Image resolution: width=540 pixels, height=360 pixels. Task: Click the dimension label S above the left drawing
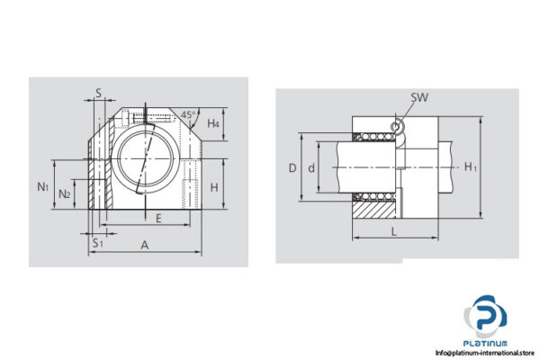(98, 93)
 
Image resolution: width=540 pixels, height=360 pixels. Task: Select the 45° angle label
(187, 114)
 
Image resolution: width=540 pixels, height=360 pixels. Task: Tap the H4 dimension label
(213, 123)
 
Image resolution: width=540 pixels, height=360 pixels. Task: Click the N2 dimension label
(65, 193)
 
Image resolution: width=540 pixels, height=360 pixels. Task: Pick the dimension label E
(158, 217)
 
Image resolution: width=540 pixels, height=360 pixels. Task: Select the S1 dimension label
(97, 242)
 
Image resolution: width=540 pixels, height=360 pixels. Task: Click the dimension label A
(145, 244)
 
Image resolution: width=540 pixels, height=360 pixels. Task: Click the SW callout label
(418, 97)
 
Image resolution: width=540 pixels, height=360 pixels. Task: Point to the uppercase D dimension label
(292, 167)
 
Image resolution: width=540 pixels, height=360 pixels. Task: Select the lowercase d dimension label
(311, 167)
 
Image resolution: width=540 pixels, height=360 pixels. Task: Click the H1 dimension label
(470, 166)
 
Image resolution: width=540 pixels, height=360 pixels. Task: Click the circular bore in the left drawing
(144, 157)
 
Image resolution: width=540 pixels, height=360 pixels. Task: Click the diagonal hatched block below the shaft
(373, 210)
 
